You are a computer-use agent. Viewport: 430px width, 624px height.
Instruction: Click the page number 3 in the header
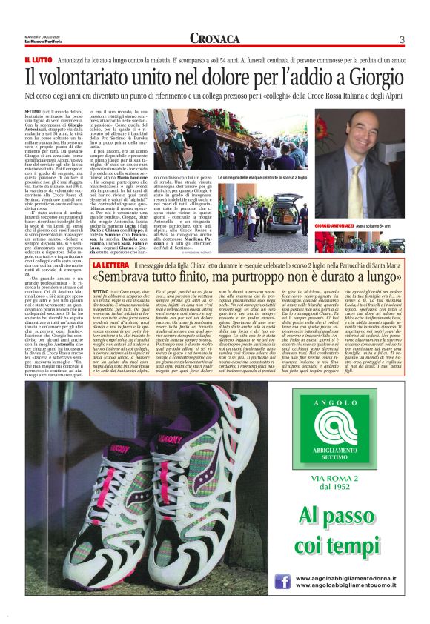pyautogui.click(x=401, y=39)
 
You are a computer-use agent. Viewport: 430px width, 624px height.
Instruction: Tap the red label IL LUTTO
pyautogui.click(x=38, y=59)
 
